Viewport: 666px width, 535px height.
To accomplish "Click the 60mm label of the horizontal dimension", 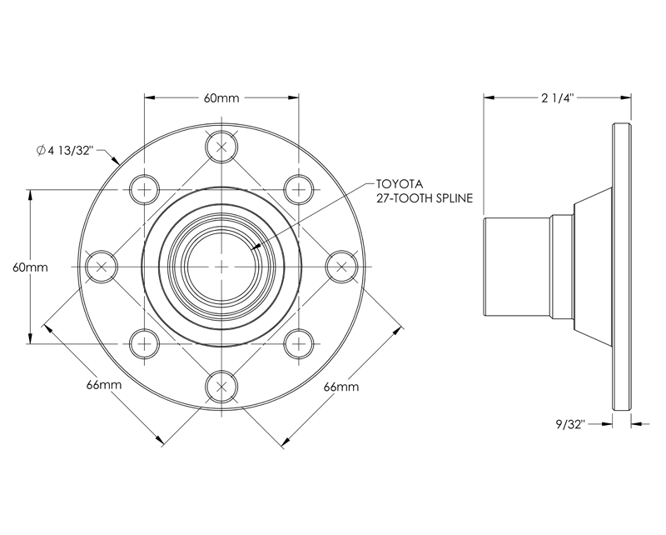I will click(x=221, y=97).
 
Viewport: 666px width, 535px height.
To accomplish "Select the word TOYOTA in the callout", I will click(x=400, y=183).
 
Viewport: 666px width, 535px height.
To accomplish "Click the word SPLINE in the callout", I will click(x=450, y=198).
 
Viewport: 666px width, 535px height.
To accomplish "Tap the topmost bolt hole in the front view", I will click(x=221, y=147).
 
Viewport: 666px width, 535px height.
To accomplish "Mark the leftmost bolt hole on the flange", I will click(x=102, y=267).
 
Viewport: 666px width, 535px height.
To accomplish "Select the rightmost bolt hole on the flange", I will click(x=340, y=267).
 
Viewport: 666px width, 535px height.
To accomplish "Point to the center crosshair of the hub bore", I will click(x=221, y=267).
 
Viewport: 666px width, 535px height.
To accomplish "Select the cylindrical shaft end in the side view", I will click(x=515, y=267).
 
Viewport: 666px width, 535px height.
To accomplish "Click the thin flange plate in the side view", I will click(x=621, y=267).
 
